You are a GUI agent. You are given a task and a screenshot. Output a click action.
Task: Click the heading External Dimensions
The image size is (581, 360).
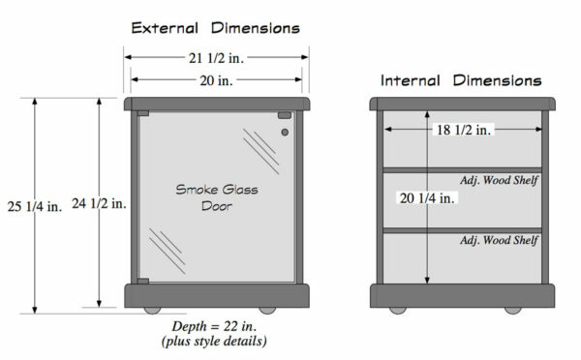pos(215,27)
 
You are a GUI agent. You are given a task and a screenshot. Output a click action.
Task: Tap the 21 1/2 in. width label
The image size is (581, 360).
pos(214,57)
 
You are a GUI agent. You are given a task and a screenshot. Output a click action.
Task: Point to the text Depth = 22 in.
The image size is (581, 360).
pos(213,324)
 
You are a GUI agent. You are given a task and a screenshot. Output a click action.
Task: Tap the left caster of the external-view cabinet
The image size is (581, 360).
pos(153,311)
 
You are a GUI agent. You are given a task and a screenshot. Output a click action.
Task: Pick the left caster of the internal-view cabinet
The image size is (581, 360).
pos(397,311)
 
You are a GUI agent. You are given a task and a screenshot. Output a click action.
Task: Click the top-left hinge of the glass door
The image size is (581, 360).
pos(142,114)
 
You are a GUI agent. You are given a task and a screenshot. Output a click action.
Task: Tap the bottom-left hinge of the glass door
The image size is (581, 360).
pos(142,282)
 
